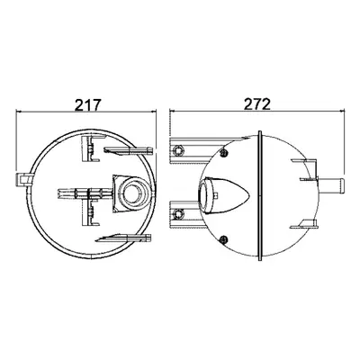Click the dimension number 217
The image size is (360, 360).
click(x=86, y=104)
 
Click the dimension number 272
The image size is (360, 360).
click(x=257, y=104)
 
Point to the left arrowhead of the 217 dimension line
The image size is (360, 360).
click(x=19, y=112)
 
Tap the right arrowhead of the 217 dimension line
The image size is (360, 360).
click(x=154, y=112)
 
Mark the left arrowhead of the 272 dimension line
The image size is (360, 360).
click(x=173, y=111)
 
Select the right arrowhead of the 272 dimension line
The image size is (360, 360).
click(x=341, y=111)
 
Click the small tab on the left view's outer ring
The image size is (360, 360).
click(x=23, y=179)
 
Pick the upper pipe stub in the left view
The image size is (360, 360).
click(x=128, y=150)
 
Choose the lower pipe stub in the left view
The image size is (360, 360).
click(x=123, y=238)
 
